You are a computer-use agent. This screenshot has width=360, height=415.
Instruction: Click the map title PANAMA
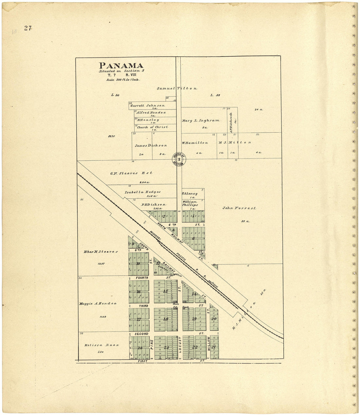coord(121,66)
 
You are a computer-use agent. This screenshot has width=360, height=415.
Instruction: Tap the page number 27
coord(27,28)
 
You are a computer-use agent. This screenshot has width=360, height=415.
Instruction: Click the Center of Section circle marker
coord(179,159)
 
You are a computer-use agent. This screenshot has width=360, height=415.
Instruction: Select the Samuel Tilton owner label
coord(177,88)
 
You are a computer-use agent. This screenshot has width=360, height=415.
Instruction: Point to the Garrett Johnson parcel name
coord(148,105)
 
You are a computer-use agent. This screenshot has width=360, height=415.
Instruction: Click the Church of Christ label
coord(153,127)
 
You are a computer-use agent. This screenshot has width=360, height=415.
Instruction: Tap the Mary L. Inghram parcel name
coord(201,121)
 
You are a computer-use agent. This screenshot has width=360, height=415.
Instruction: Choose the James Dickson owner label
coord(151,145)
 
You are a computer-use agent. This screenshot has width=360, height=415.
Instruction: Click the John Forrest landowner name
coord(239,208)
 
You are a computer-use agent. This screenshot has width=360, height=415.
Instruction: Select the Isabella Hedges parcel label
coord(143,192)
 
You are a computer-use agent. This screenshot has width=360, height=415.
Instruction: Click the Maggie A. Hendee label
coord(98,304)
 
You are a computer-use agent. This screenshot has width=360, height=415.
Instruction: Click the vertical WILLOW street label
coord(208,344)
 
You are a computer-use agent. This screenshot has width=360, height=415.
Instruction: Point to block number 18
coord(166,319)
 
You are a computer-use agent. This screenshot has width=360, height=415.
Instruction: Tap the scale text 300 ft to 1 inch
coord(123,80)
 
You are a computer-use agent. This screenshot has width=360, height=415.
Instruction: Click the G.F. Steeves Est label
coord(131,173)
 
